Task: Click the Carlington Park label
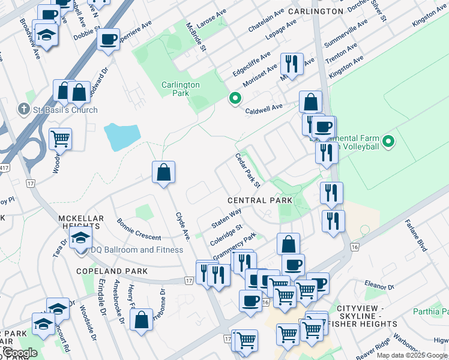[x=180, y=89]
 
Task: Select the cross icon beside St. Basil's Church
[x=23, y=109]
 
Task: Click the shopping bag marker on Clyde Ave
[x=163, y=173]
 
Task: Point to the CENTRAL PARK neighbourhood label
[x=260, y=200]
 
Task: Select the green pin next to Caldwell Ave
[x=235, y=99]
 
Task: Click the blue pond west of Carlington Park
[x=122, y=137]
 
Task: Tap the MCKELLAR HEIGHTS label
[x=81, y=222]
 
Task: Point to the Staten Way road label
[x=226, y=218]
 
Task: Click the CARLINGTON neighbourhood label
[x=315, y=11]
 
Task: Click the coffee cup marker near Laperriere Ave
[x=108, y=40]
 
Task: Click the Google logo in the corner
[x=19, y=353]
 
